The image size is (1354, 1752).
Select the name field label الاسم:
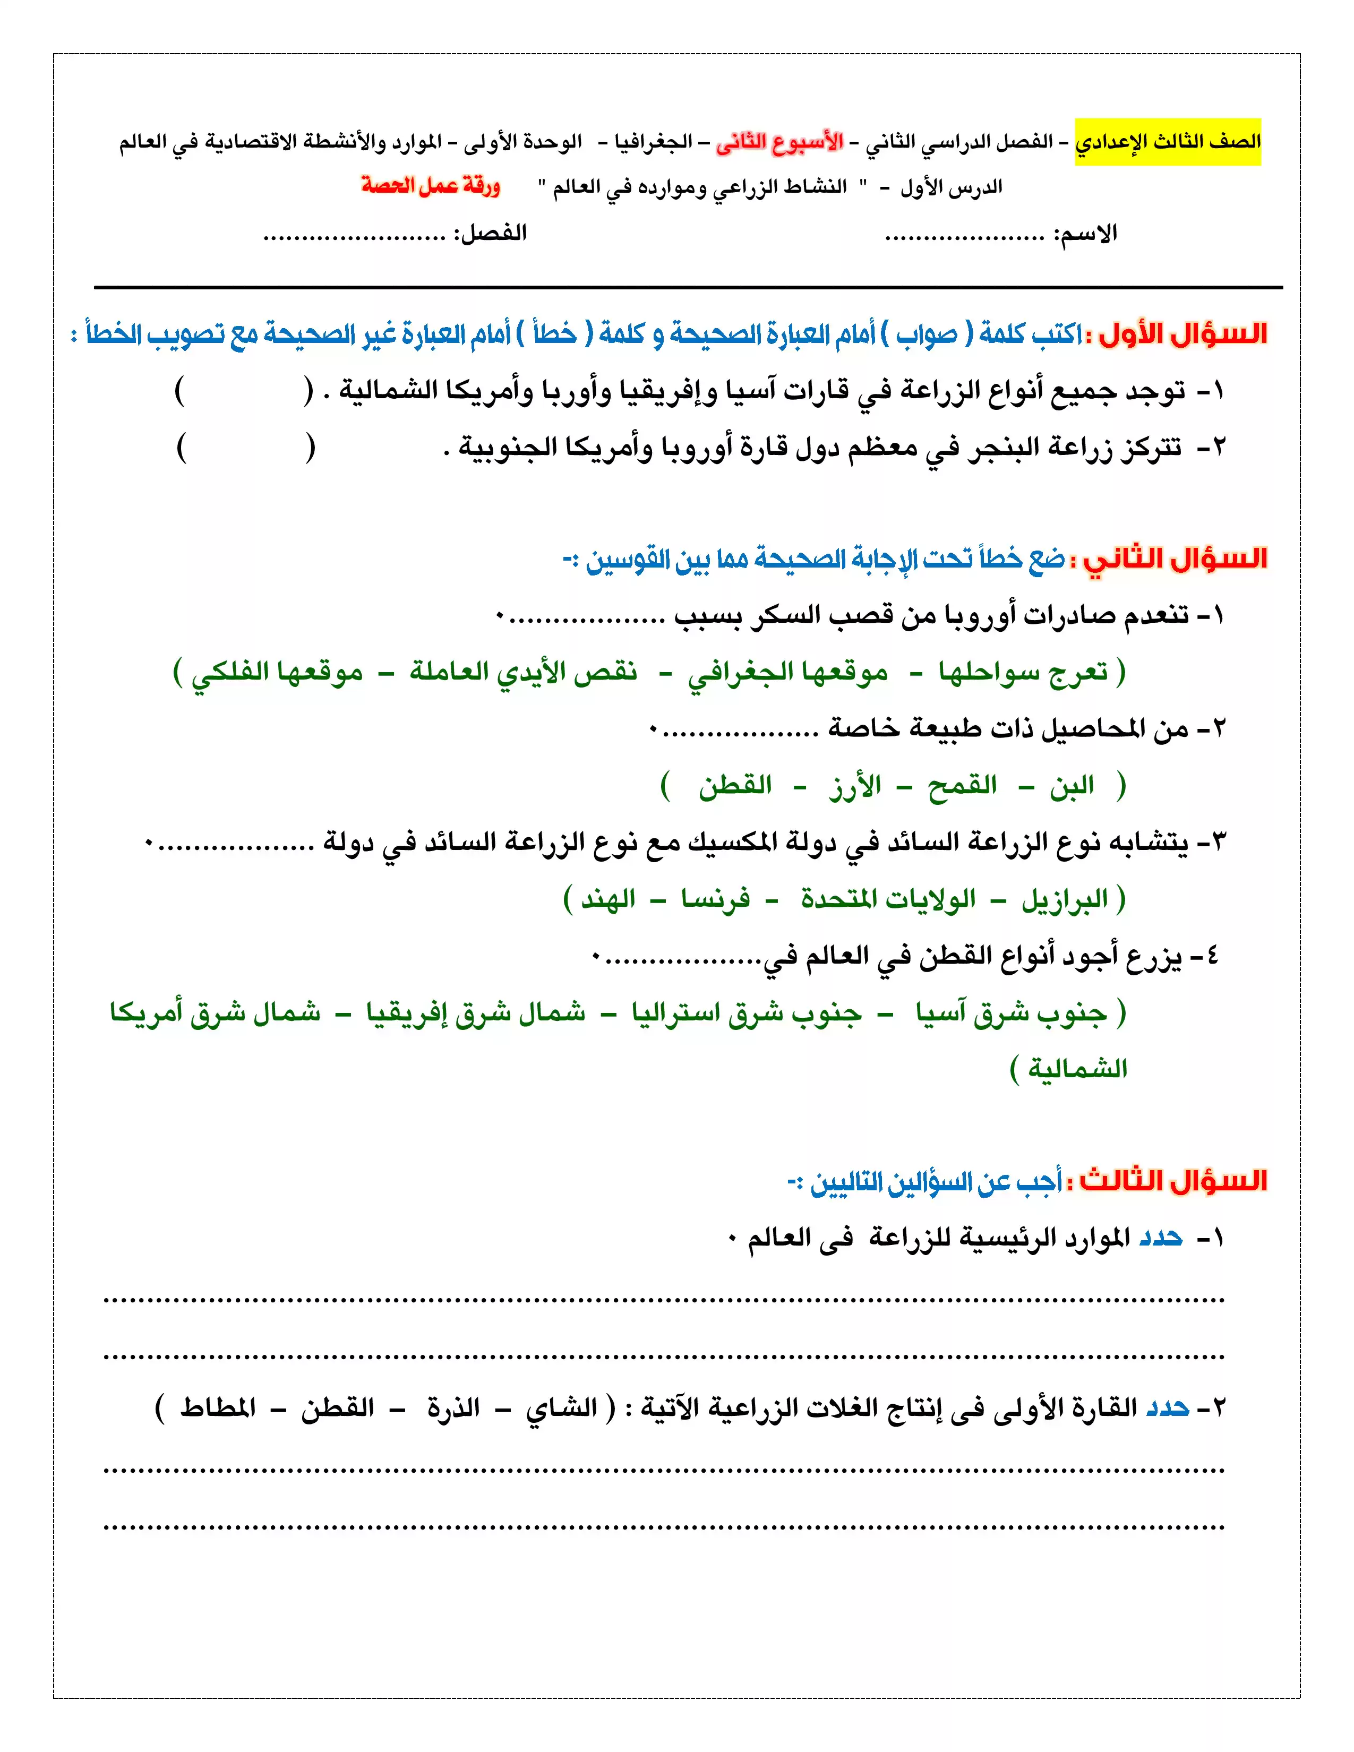coord(1084,234)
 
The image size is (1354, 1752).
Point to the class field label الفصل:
coord(490,234)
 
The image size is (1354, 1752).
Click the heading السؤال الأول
coord(1183,334)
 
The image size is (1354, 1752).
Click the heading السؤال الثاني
coord(1175,559)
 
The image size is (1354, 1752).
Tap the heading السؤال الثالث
coord(1173,1181)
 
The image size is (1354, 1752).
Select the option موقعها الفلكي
coord(277,672)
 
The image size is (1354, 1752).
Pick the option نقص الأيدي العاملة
coord(524,672)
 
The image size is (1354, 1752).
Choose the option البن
coord(1072,785)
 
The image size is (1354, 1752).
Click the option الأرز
coord(855,785)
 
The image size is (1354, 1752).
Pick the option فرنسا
coord(716,899)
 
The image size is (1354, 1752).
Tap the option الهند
coord(607,899)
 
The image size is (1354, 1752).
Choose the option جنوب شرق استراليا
coord(746,1013)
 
